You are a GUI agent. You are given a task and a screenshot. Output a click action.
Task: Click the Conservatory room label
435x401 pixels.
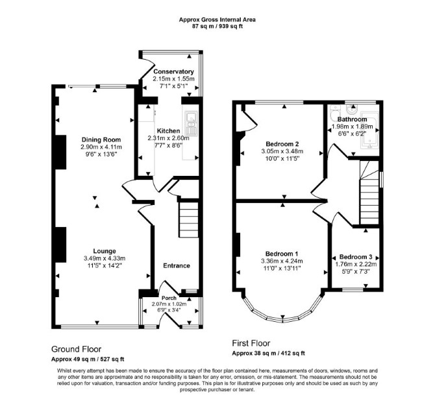pyautogui.click(x=173, y=71)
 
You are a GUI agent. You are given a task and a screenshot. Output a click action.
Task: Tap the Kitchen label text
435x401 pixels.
pyautogui.click(x=168, y=130)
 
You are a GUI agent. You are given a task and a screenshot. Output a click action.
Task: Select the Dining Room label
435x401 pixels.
pyautogui.click(x=101, y=140)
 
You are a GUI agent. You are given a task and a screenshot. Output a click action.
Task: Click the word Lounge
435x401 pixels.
pyautogui.click(x=105, y=251)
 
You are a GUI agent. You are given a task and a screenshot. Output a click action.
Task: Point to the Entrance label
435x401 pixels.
pyautogui.click(x=177, y=265)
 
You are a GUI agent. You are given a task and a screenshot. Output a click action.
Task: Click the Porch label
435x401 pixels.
pyautogui.click(x=169, y=298)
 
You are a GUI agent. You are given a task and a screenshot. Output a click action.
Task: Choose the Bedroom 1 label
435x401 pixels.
pyautogui.click(x=282, y=254)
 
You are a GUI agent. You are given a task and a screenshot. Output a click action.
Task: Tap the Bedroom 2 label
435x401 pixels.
pyautogui.click(x=282, y=144)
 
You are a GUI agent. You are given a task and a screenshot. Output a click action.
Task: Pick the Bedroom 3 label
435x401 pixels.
pyautogui.click(x=356, y=257)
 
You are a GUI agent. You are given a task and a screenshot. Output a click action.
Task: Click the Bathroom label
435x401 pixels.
pyautogui.click(x=352, y=119)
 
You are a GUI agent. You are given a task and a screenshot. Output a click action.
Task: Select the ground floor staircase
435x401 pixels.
pyautogui.click(x=189, y=219)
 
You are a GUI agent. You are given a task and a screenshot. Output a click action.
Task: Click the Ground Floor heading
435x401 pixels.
pyautogui.click(x=77, y=349)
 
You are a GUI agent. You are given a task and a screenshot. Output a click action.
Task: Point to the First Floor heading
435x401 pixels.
pyautogui.click(x=251, y=343)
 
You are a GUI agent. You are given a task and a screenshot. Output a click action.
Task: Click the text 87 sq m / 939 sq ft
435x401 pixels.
pyautogui.click(x=217, y=27)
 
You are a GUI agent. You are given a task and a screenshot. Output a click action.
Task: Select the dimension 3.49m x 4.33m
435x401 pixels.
pyautogui.click(x=105, y=258)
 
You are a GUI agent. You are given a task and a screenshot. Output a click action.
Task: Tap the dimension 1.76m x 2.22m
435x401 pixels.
pyautogui.click(x=356, y=264)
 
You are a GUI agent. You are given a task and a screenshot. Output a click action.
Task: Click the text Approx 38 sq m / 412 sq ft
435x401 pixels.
pyautogui.click(x=268, y=353)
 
